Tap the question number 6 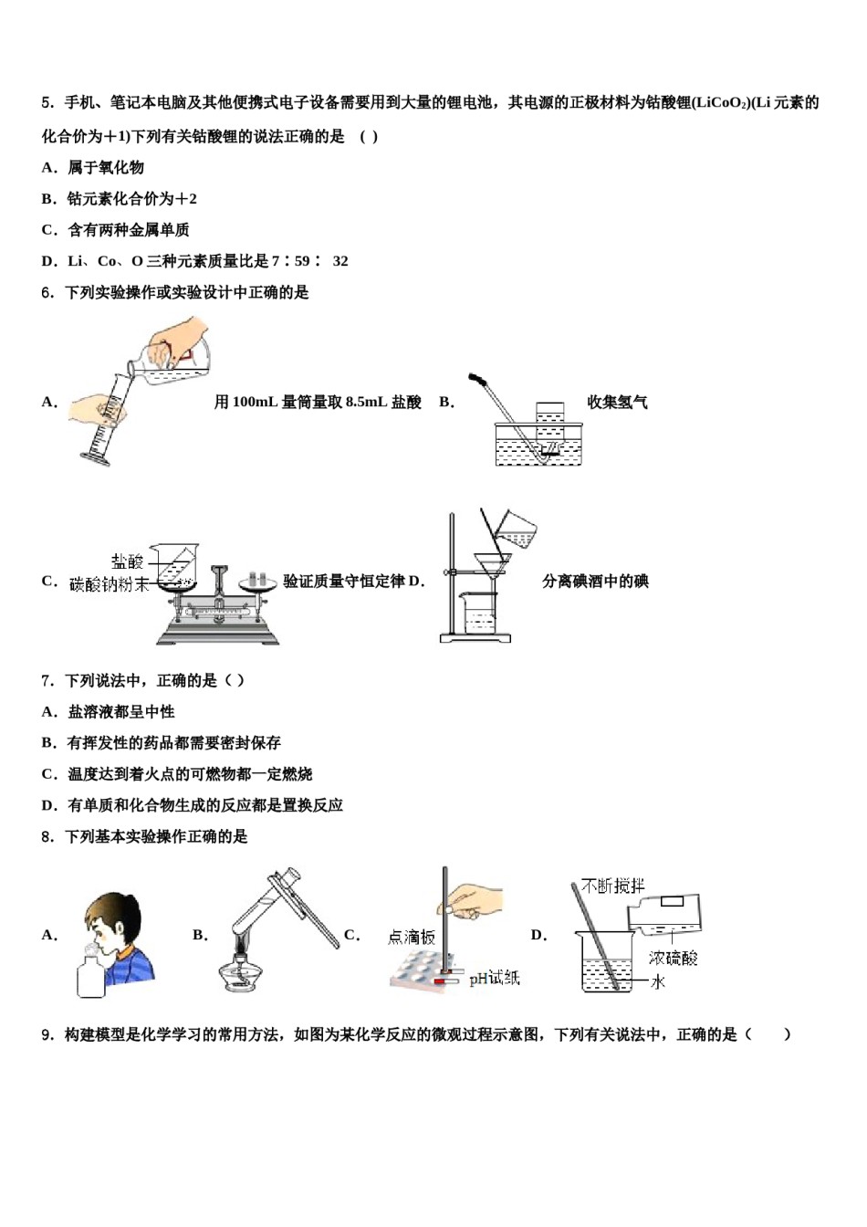pyautogui.click(x=47, y=293)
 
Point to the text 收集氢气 pyautogui.click(x=617, y=402)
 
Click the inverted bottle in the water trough pyautogui.click(x=549, y=423)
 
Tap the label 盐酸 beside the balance pyautogui.click(x=128, y=561)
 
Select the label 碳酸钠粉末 pyautogui.click(x=109, y=584)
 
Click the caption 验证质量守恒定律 pyautogui.click(x=344, y=582)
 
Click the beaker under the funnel pyautogui.click(x=479, y=613)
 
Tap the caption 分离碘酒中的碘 pyautogui.click(x=595, y=582)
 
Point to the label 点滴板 pyautogui.click(x=412, y=937)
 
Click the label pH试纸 pyautogui.click(x=495, y=978)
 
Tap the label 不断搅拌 pyautogui.click(x=613, y=886)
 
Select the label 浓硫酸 pyautogui.click(x=674, y=957)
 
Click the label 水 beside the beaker pyautogui.click(x=658, y=982)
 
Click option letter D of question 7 pyautogui.click(x=49, y=805)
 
